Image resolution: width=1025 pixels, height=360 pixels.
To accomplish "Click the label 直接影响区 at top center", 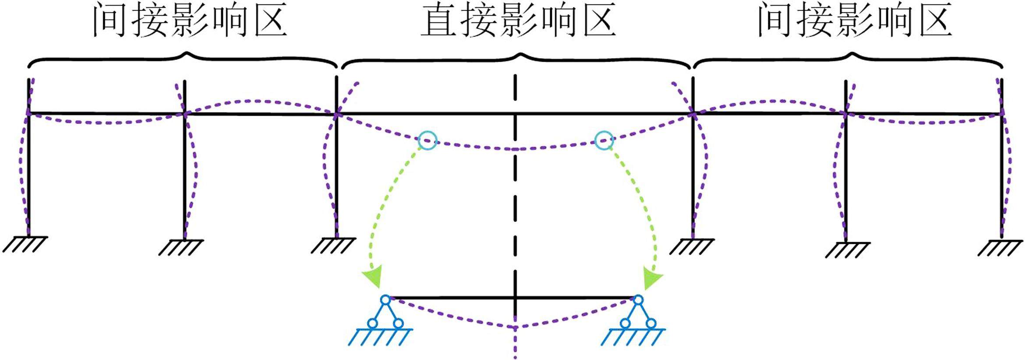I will [x=519, y=20].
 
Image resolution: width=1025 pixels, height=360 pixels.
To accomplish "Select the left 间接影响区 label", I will [x=190, y=20].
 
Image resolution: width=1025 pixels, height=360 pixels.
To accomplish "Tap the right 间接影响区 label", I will [x=855, y=20].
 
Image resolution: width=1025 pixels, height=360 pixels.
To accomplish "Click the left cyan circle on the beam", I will [x=428, y=140].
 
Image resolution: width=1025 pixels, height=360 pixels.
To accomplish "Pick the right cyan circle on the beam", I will [x=604, y=141].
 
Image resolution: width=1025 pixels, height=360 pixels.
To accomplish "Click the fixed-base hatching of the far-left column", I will [x=25, y=244].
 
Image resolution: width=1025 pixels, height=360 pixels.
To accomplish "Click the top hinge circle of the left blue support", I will [x=385, y=300].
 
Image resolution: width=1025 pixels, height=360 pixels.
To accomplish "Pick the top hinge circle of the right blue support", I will [x=638, y=300].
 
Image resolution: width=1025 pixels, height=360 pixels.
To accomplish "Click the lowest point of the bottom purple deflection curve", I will [x=515, y=328].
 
